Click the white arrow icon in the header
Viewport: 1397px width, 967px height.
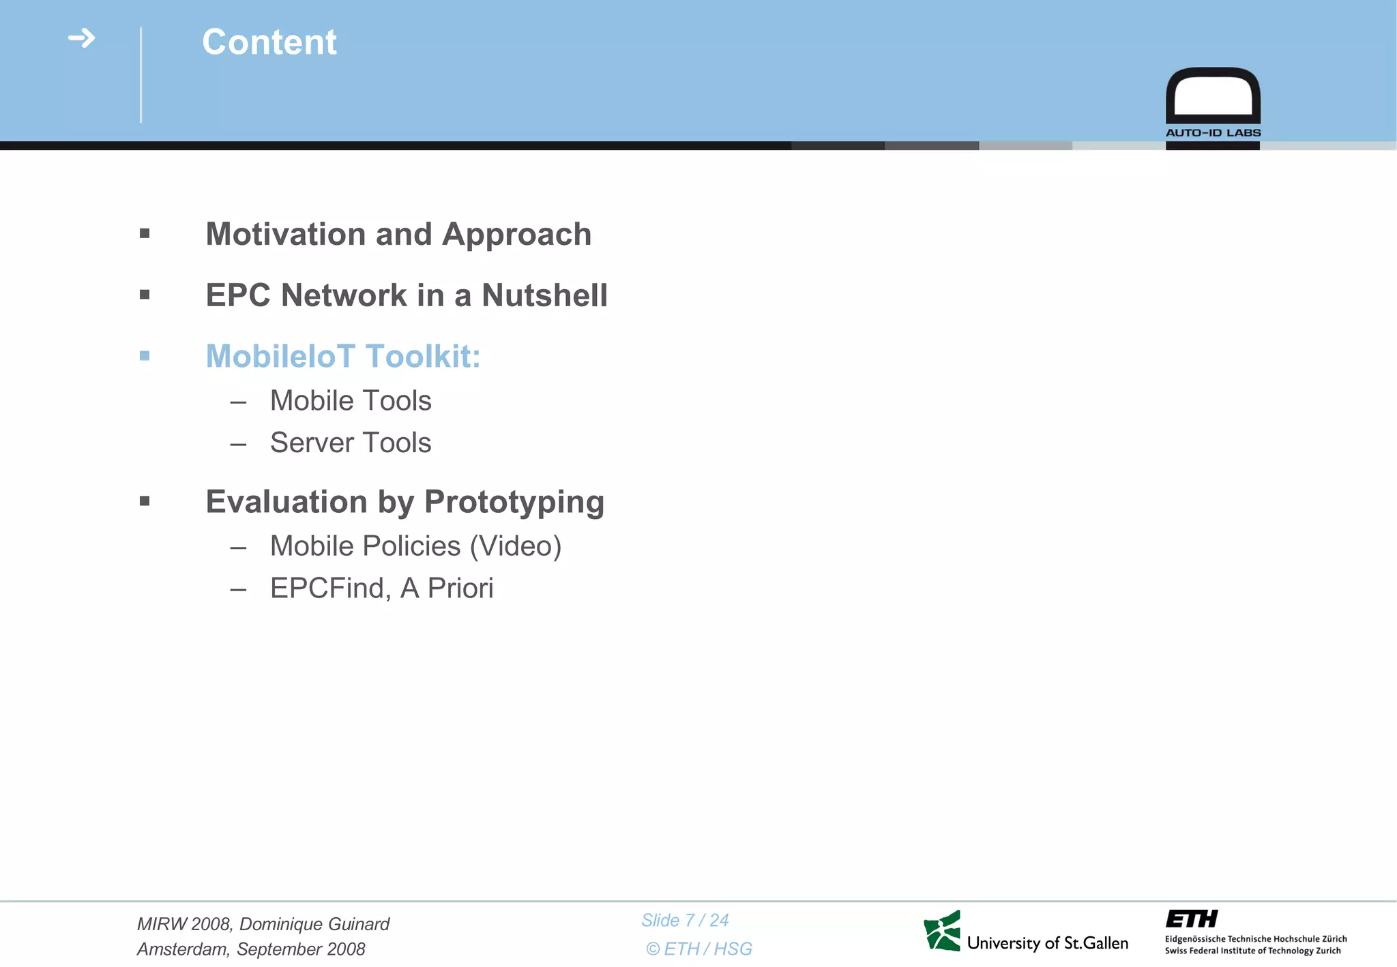82,38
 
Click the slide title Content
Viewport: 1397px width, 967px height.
269,42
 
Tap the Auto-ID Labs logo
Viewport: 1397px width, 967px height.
1213,102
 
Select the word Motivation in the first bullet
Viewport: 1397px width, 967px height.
285,235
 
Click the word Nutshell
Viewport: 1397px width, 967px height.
544,296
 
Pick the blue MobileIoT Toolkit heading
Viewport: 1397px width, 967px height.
343,357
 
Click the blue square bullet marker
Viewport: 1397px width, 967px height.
145,356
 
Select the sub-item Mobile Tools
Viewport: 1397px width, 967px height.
351,401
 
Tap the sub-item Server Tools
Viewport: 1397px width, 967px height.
351,443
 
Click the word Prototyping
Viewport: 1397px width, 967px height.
514,503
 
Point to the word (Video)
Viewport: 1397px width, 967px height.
516,546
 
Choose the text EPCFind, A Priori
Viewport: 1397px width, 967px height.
381,589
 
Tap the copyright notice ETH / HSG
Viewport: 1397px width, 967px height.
699,949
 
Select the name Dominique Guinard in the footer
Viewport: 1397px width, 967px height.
314,924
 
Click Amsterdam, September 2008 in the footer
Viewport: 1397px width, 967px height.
251,949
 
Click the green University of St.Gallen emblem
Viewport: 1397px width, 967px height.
942,931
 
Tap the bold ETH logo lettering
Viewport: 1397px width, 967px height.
1191,919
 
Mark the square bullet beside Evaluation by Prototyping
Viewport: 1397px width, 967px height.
145,502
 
